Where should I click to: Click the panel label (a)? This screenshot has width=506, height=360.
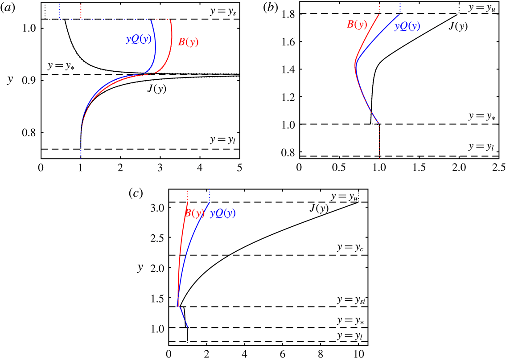9,7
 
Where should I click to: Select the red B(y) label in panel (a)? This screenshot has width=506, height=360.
188,43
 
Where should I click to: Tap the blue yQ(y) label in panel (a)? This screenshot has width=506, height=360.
139,39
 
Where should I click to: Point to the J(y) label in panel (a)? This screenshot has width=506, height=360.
156,88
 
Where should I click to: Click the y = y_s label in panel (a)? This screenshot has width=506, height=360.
223,12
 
